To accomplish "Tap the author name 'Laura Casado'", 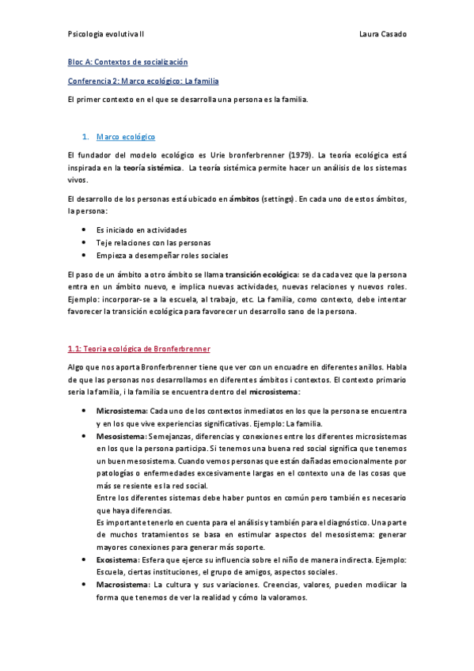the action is pyautogui.click(x=382, y=35).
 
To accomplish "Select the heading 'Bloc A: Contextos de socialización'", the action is pyautogui.click(x=127, y=62).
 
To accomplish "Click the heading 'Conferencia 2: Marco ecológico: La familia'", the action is pyautogui.click(x=143, y=81).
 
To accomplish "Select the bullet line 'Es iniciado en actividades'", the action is pyautogui.click(x=142, y=229).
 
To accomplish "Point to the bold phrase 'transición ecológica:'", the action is pyautogui.click(x=262, y=274).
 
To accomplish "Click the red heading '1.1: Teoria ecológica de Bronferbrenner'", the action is pyautogui.click(x=139, y=348).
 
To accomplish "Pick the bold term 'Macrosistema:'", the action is pyautogui.click(x=123, y=585).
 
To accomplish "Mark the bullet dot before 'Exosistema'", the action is pyautogui.click(x=85, y=559).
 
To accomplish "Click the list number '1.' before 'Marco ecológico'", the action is pyautogui.click(x=86, y=137).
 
